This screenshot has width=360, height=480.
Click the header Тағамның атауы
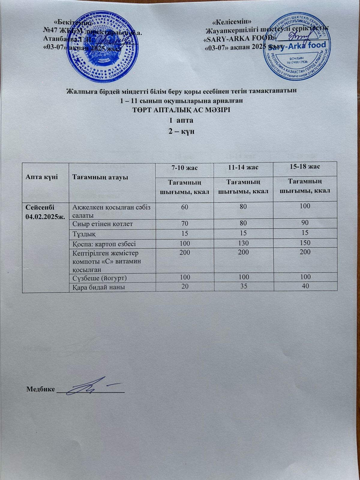tap(100, 177)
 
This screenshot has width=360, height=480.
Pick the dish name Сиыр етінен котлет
tap(102, 223)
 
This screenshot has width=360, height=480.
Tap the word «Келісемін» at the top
tap(232, 22)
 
